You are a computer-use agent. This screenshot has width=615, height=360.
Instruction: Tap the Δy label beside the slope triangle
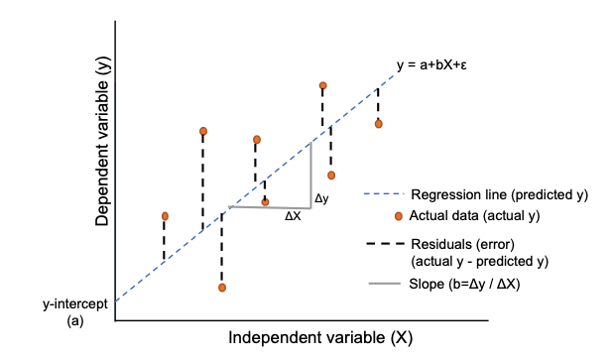(x=321, y=198)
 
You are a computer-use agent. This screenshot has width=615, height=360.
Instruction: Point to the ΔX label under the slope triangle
(x=293, y=216)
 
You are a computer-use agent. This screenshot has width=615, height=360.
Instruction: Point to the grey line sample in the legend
(x=383, y=284)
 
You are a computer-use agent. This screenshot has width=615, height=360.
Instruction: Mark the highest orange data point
(x=322, y=87)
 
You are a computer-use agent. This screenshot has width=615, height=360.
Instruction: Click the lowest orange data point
(x=222, y=288)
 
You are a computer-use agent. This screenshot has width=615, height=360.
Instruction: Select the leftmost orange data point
(x=165, y=215)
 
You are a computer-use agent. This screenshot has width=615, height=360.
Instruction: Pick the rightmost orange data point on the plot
(x=378, y=124)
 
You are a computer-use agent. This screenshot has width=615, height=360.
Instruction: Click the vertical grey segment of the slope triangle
(x=311, y=174)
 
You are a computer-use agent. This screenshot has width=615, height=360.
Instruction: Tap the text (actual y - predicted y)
(x=478, y=261)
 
